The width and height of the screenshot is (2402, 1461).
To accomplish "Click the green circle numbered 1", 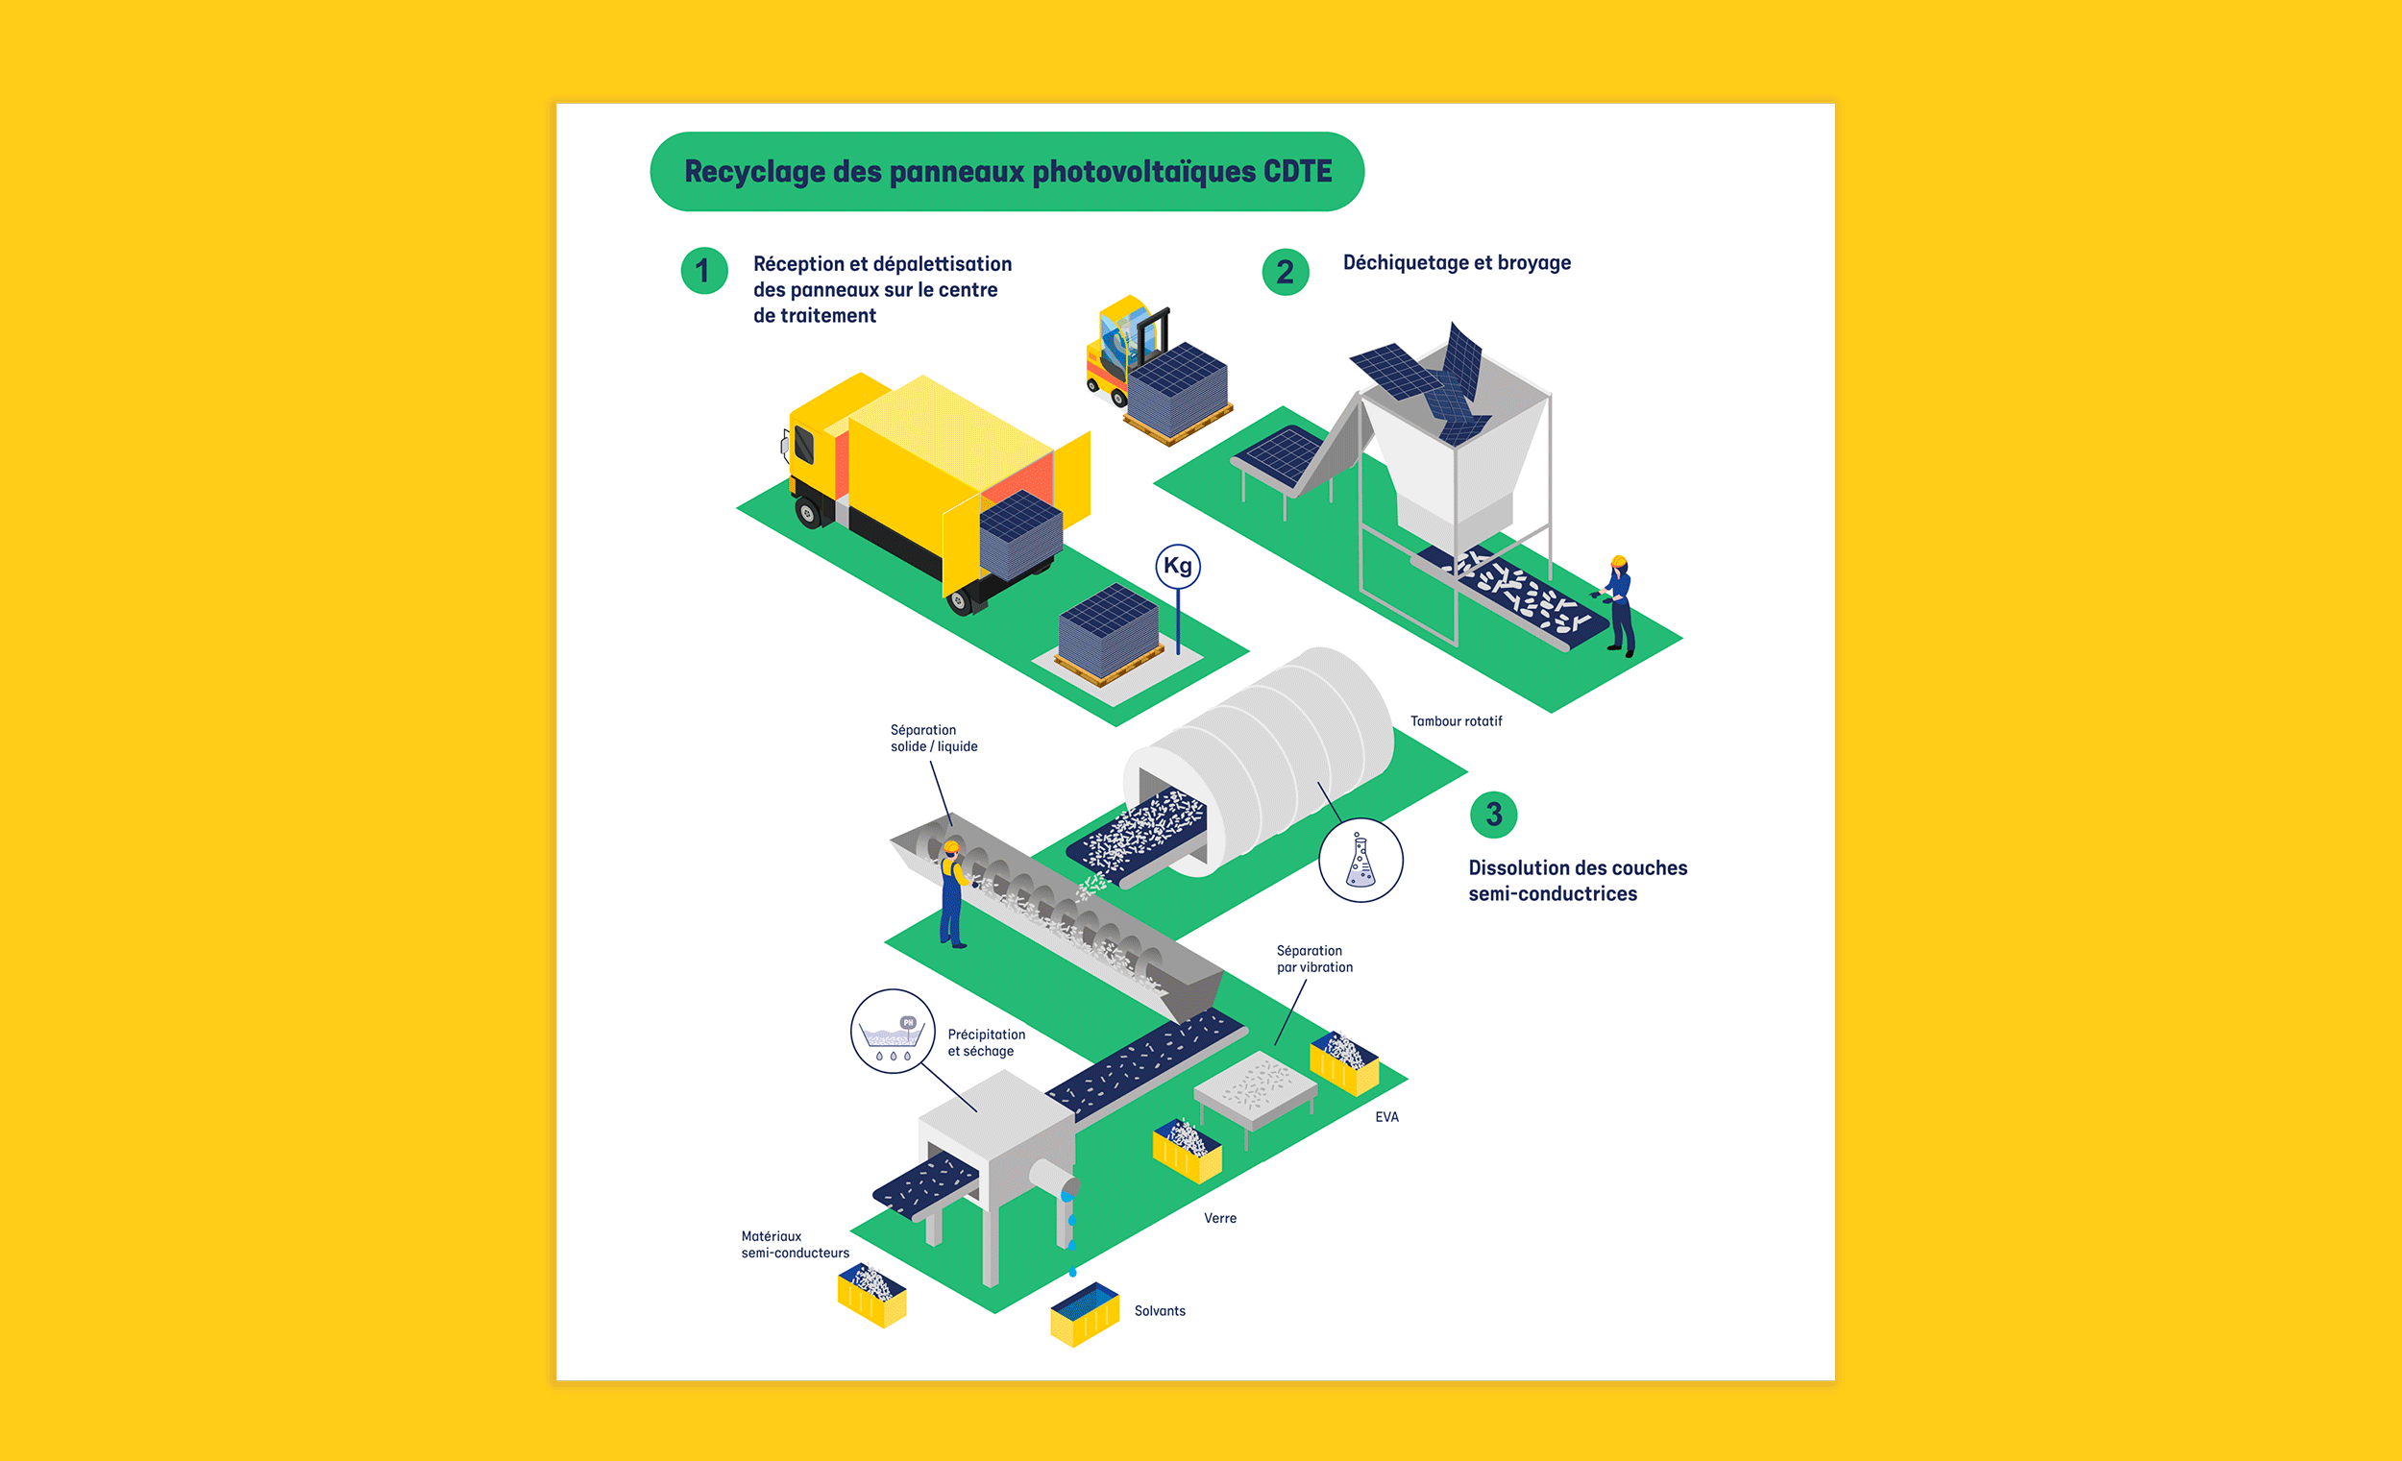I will [x=704, y=271].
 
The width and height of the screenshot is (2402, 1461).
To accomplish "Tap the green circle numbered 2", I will [x=1285, y=272].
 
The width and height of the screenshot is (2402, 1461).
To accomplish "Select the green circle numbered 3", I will [x=1493, y=814].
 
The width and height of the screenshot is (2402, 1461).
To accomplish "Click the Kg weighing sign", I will [x=1178, y=567].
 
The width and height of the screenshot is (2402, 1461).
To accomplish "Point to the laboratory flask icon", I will [x=1360, y=861].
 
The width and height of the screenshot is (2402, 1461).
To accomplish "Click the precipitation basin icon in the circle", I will [x=892, y=1033].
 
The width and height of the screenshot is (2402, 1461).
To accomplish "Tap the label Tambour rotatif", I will [x=1456, y=721].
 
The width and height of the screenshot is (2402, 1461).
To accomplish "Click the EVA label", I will [x=1386, y=1117].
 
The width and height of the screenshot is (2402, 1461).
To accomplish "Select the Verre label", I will [x=1219, y=1218].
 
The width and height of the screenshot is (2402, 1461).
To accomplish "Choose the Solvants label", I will [x=1159, y=1311].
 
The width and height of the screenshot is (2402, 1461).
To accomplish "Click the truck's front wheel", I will [x=808, y=512].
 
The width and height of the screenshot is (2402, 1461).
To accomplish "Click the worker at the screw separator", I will [x=952, y=893].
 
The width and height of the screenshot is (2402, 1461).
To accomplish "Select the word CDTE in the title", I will [x=1296, y=172].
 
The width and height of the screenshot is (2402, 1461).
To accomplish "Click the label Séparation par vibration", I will [x=1314, y=959].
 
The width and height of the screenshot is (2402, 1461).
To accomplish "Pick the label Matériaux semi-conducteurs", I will [x=795, y=1245].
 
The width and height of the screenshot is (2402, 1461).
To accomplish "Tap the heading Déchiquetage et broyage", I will [x=1457, y=263].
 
